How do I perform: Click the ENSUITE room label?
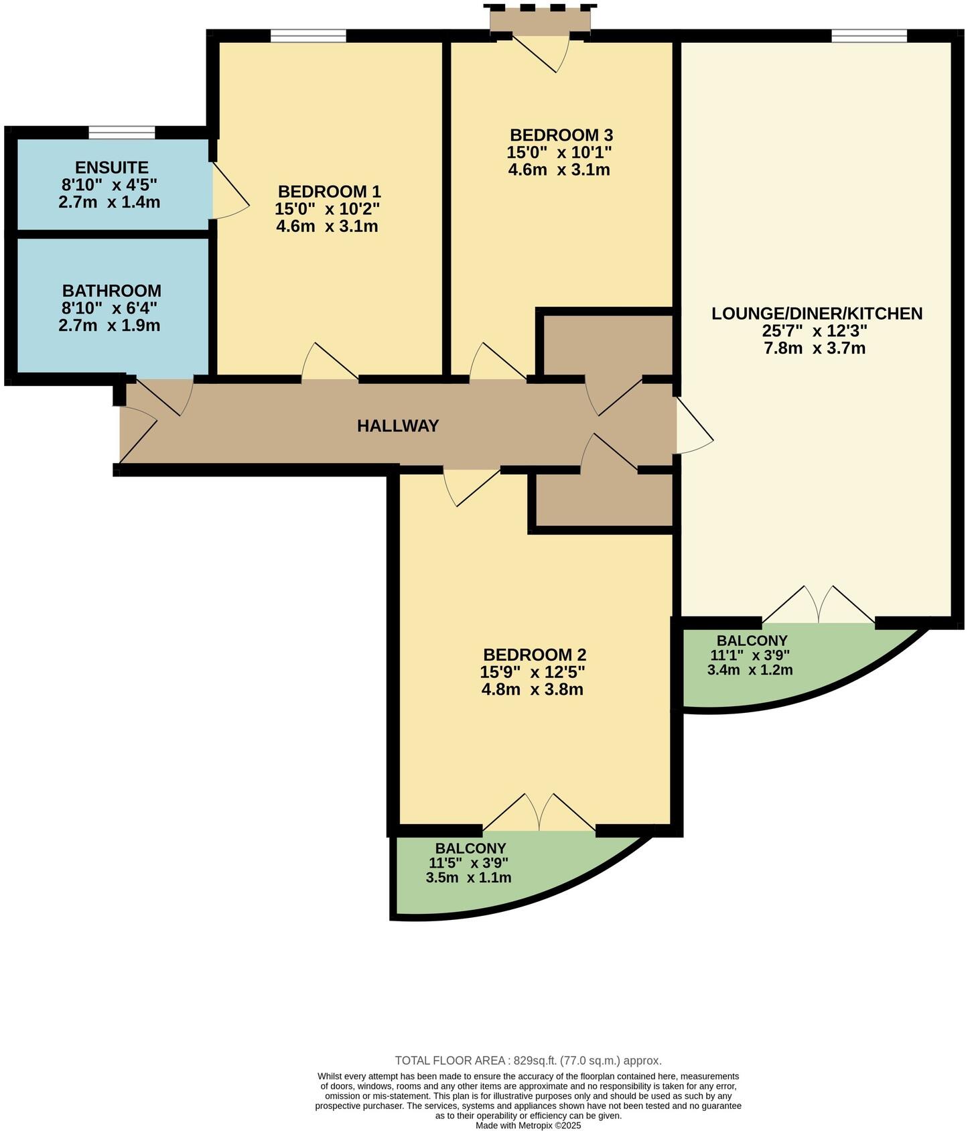(x=111, y=168)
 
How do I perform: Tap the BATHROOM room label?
(x=111, y=291)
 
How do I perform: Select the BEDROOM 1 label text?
(x=329, y=191)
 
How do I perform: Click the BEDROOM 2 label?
(x=535, y=655)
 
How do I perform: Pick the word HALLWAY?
(x=398, y=425)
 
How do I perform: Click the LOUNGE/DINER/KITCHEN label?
(x=817, y=313)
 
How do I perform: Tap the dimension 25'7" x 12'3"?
(x=817, y=331)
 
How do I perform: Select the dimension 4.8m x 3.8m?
(x=533, y=689)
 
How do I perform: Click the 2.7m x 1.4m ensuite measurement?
(x=109, y=202)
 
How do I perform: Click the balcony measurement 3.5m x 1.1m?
(x=468, y=878)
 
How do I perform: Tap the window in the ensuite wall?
(x=121, y=133)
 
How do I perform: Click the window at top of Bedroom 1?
(x=309, y=36)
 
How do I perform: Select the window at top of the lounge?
(x=870, y=36)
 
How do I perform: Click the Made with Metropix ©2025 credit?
(x=528, y=1126)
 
